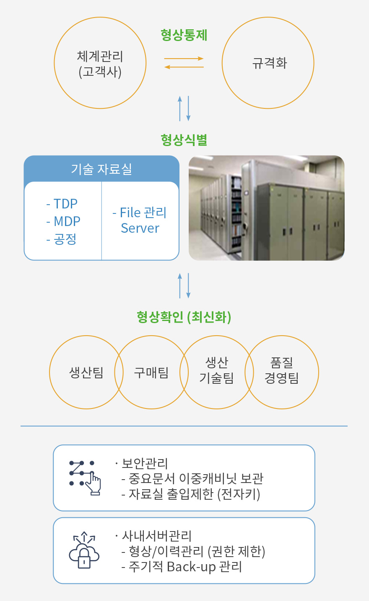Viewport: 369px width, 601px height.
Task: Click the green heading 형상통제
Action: click(x=184, y=35)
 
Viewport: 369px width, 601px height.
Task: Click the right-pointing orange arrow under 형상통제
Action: click(x=184, y=59)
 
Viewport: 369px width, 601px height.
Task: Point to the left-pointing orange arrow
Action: click(x=184, y=67)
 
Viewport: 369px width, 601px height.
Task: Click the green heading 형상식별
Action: click(x=184, y=140)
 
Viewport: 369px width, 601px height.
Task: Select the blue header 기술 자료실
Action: click(x=101, y=170)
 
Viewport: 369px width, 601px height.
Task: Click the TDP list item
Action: click(x=62, y=204)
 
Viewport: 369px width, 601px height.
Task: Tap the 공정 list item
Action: click(x=61, y=239)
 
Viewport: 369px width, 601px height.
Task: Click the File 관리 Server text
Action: click(x=140, y=220)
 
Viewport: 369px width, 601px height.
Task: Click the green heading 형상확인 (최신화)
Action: click(x=184, y=317)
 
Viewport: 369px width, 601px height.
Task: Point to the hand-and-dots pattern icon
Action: click(x=85, y=478)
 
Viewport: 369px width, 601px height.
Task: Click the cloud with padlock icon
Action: click(x=84, y=550)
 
